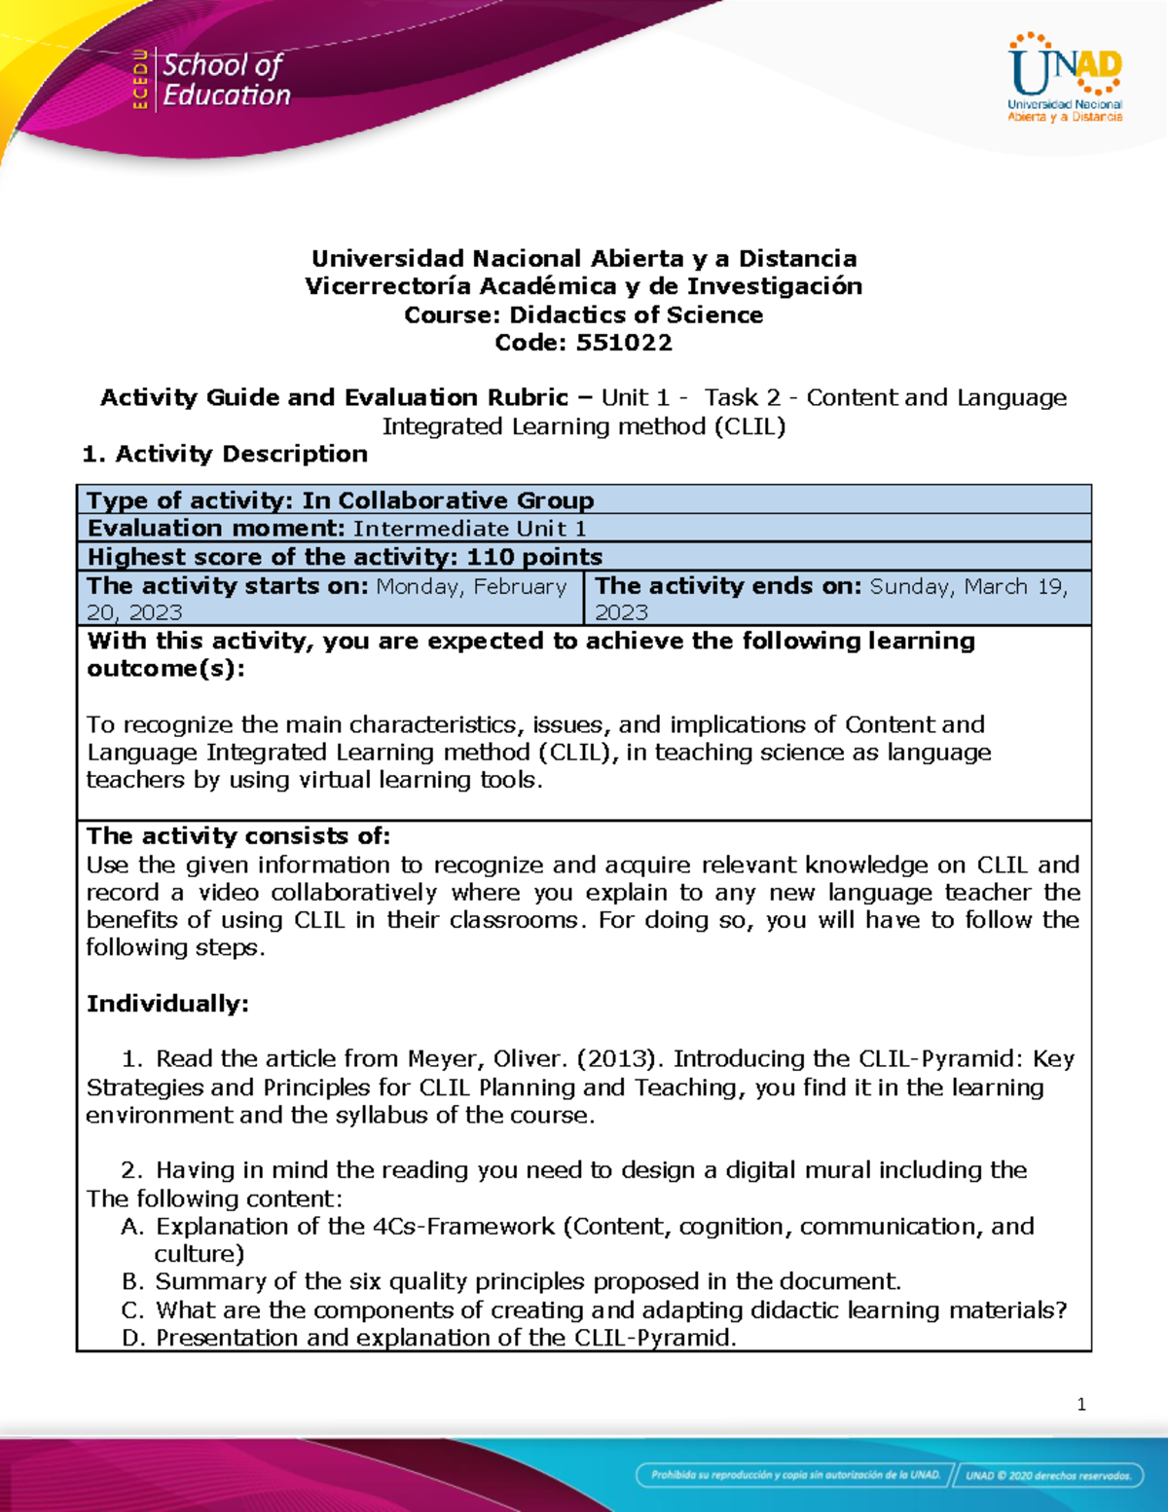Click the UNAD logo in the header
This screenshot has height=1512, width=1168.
(1065, 78)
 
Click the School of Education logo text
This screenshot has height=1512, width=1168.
(226, 80)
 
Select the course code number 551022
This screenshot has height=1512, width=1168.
(624, 343)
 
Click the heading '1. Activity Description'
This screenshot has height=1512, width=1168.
(225, 454)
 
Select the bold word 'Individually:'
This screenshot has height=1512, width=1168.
(167, 1004)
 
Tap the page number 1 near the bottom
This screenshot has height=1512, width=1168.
(1081, 1404)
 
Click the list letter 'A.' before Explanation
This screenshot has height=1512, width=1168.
(133, 1227)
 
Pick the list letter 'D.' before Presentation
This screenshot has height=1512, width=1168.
(133, 1338)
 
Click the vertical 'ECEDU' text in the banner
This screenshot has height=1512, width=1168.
(140, 80)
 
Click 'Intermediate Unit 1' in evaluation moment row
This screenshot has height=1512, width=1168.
(469, 529)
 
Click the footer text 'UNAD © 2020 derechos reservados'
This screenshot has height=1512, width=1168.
(1047, 1475)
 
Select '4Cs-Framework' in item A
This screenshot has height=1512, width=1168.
(463, 1227)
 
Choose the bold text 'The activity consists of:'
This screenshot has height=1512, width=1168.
(238, 836)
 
